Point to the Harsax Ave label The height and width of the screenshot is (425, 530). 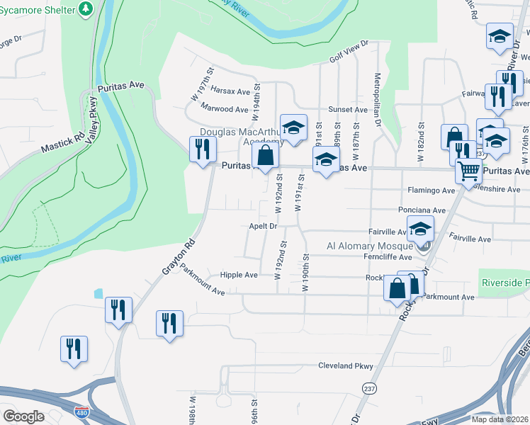pyautogui.click(x=231, y=92)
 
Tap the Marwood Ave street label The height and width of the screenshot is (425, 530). pyautogui.click(x=224, y=109)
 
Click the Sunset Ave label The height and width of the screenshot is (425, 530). pyautogui.click(x=347, y=110)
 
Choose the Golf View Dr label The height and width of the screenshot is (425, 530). pyautogui.click(x=349, y=52)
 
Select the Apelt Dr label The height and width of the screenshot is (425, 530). pyautogui.click(x=262, y=226)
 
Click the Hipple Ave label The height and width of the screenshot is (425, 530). pyautogui.click(x=239, y=275)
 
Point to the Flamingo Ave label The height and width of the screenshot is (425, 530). pyautogui.click(x=431, y=191)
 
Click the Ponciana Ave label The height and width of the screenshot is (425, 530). pyautogui.click(x=425, y=210)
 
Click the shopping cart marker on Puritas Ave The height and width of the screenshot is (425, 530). pyautogui.click(x=468, y=171)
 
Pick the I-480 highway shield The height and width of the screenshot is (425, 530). pyautogui.click(x=81, y=411)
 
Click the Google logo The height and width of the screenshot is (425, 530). pyautogui.click(x=23, y=416)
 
